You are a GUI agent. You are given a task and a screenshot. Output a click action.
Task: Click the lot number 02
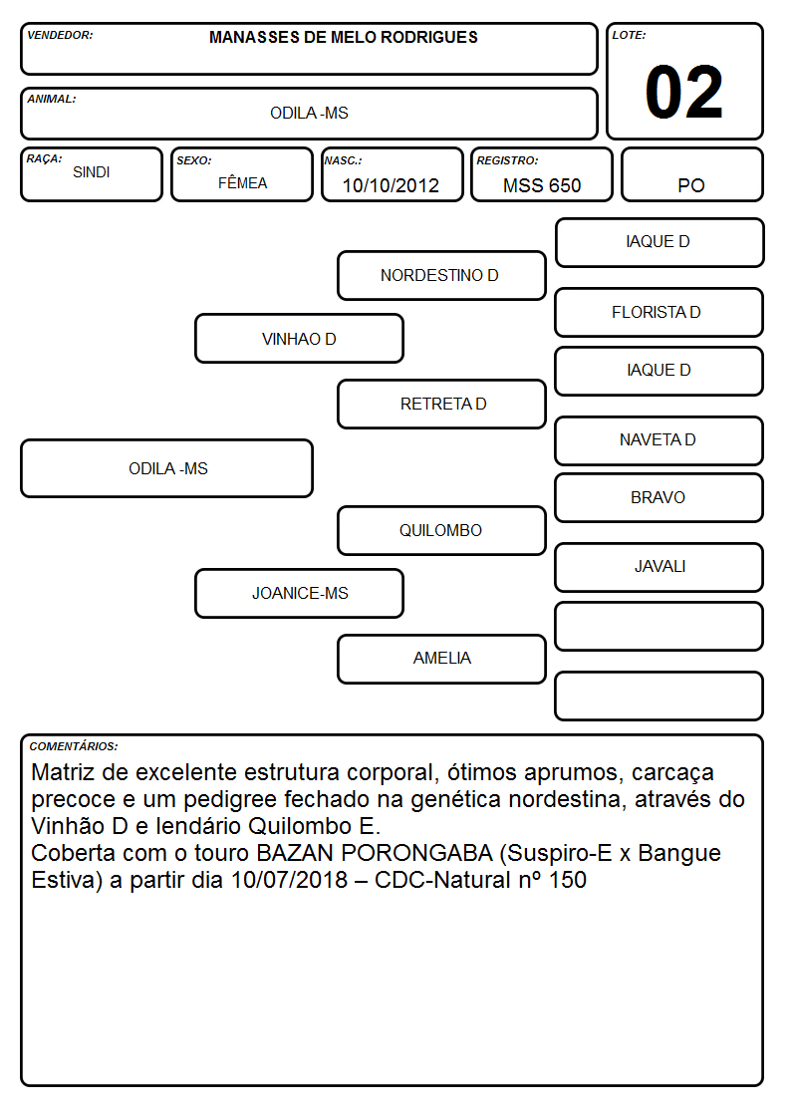(684, 92)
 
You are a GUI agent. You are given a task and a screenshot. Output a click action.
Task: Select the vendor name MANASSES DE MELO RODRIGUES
(344, 38)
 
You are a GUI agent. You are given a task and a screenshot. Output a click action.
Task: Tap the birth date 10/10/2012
(391, 185)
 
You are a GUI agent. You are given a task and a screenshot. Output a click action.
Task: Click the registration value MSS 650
(542, 185)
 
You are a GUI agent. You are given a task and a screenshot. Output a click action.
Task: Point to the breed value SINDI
(92, 172)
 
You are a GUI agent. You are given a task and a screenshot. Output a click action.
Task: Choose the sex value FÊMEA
(242, 182)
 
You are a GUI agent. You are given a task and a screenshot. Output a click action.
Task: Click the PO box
(691, 174)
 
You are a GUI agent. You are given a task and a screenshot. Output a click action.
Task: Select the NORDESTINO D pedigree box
(441, 275)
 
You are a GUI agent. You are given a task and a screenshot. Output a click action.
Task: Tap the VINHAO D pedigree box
(299, 339)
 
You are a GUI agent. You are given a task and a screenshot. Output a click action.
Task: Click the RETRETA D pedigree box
(441, 404)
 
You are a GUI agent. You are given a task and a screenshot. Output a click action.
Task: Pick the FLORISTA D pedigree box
(659, 313)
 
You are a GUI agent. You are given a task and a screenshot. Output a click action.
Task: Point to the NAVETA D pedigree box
(659, 440)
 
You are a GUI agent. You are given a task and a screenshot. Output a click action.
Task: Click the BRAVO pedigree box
(659, 497)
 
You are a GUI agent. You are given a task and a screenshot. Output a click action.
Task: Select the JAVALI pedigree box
(659, 567)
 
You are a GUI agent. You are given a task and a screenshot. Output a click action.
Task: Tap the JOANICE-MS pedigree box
(299, 593)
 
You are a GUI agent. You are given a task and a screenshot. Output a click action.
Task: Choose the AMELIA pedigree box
(441, 659)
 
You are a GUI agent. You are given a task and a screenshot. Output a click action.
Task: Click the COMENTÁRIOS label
(74, 746)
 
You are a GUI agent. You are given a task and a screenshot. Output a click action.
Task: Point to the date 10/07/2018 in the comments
(289, 880)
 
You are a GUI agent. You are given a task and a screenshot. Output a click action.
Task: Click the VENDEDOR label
(60, 35)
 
